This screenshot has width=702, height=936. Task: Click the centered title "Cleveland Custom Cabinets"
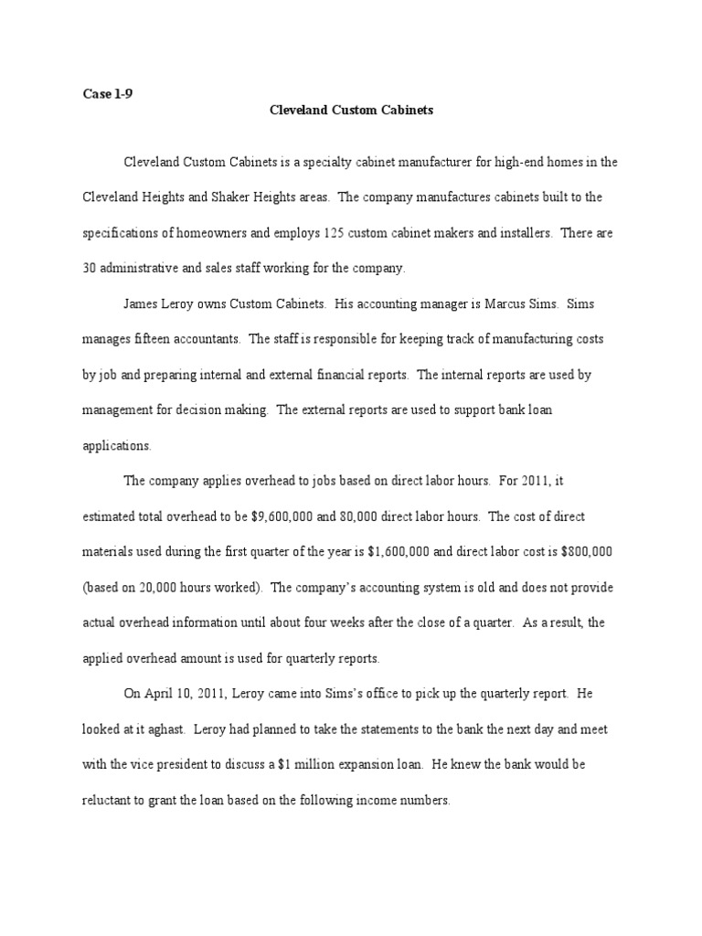351,111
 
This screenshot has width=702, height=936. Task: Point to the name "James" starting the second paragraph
144,303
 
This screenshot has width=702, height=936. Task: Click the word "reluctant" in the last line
108,801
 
